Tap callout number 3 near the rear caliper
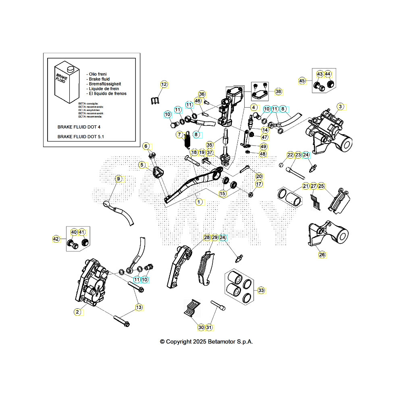[341, 107]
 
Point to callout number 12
[164, 84]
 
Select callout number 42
[56, 239]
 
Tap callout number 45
[302, 81]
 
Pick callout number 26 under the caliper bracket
[322, 254]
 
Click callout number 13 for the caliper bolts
[139, 307]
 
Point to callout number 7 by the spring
[179, 134]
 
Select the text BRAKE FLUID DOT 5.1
[81, 137]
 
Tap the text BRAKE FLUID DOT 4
[79, 127]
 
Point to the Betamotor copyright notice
[206, 341]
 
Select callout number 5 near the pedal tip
[142, 164]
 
